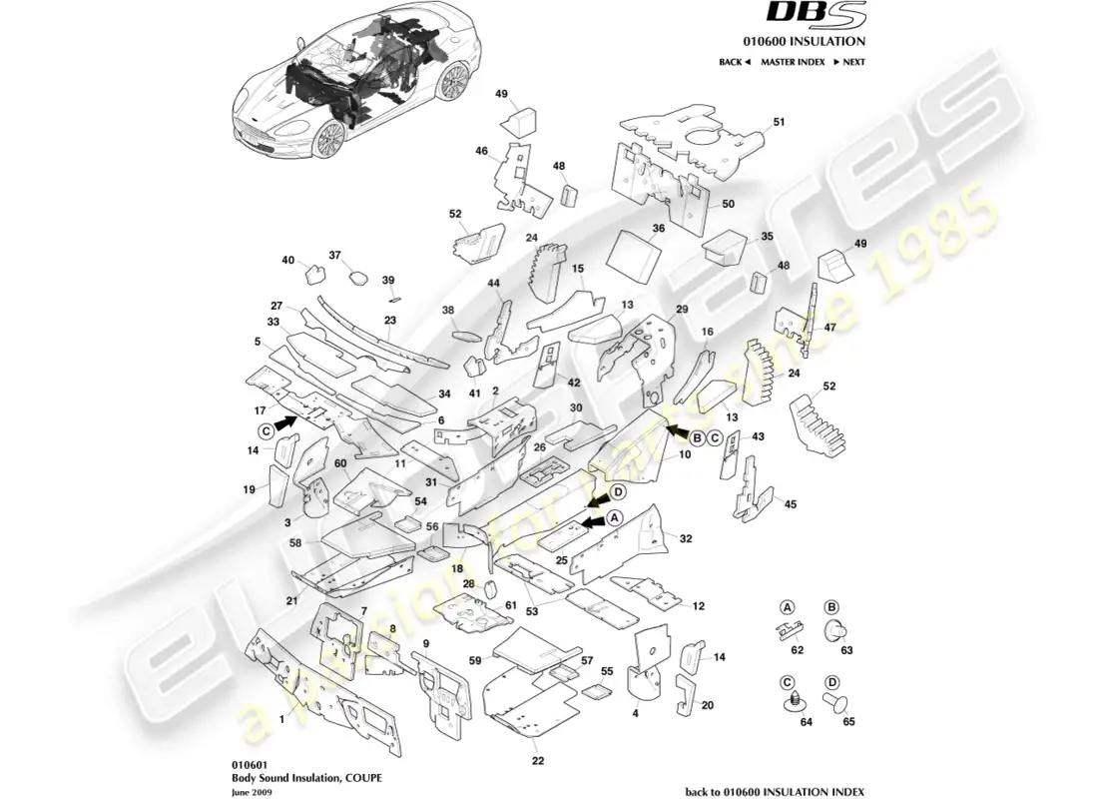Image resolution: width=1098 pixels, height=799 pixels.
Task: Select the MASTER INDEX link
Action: point(792,62)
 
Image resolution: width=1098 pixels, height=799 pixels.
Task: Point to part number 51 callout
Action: point(780,122)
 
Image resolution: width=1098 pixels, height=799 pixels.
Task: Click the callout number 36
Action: point(658,229)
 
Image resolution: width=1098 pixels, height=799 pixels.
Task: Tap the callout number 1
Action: point(281,717)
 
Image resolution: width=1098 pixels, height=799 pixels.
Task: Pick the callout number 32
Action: point(686,537)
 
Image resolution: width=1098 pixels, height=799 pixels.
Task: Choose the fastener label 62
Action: point(797,650)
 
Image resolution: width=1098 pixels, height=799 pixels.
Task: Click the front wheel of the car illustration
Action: point(328,140)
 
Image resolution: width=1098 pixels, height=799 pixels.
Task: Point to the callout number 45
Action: point(790,504)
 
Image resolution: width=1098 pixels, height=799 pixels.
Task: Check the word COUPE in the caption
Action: point(360,776)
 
